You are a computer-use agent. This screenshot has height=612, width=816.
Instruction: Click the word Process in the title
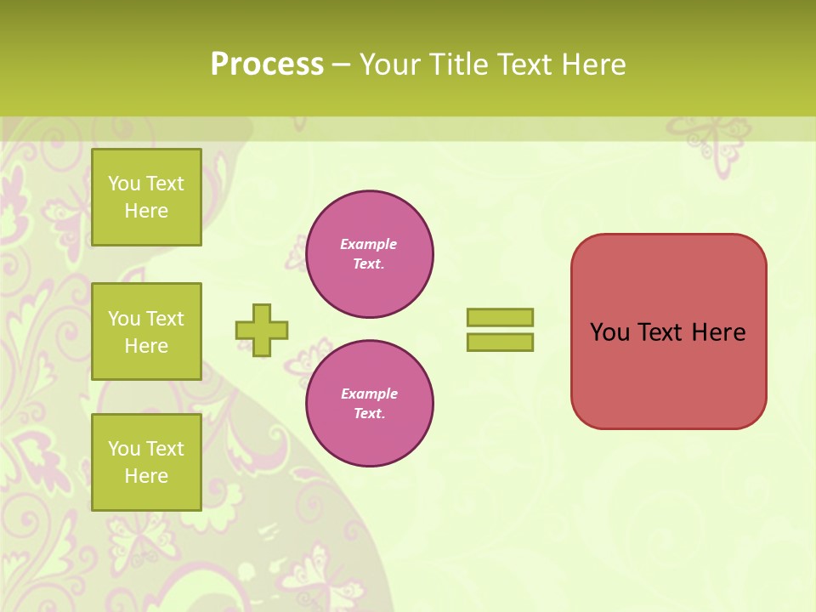coord(267,65)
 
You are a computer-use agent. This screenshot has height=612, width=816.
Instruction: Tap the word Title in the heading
coord(459,65)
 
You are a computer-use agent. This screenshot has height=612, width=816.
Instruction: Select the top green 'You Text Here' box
coord(146,197)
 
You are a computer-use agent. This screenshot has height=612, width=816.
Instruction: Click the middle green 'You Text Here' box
coord(146,331)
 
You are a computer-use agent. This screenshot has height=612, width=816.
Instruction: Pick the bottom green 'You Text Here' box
coord(146,462)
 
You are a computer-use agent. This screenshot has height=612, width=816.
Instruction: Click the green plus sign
coord(262,330)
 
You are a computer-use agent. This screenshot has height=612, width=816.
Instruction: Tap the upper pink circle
coord(369,254)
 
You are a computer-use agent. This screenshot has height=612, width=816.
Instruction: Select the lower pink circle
coord(369,404)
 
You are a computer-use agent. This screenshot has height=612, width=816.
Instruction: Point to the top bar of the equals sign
coord(500,317)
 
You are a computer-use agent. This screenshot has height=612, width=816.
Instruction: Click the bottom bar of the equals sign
coord(500,343)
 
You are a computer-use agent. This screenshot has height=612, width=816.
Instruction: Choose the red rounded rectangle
coord(668,374)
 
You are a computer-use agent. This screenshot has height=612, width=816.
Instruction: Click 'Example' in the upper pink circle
coord(369,244)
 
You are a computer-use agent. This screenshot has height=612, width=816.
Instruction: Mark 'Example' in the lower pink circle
coord(369,394)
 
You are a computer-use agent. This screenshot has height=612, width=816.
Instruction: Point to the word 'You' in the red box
coord(609,332)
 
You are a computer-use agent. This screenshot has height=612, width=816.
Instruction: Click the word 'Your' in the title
coord(390,65)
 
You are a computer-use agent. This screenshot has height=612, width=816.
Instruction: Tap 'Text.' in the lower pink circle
coord(369,414)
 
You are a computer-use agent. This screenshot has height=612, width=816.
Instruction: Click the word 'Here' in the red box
coord(718,332)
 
